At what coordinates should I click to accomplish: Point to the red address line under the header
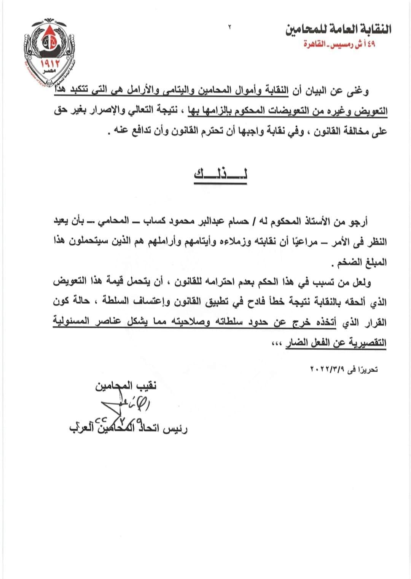coord(339,44)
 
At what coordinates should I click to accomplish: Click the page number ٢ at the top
coord(229,27)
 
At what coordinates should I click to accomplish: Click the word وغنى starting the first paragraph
coord(358,91)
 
